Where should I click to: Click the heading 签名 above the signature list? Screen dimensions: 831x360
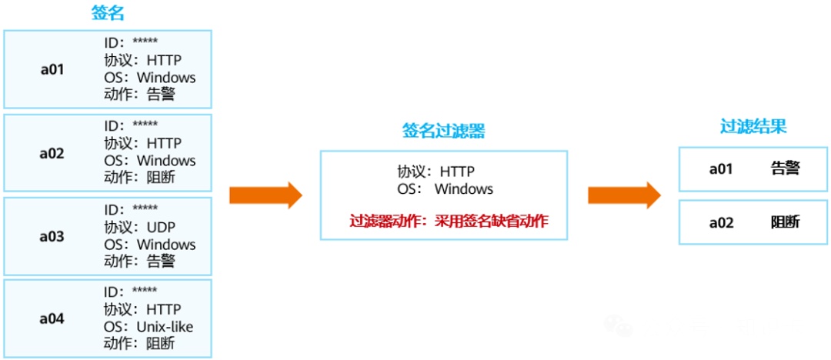107,13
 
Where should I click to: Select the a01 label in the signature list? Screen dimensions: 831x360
52,69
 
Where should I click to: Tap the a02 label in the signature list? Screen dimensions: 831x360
52,153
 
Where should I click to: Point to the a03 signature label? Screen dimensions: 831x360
52,237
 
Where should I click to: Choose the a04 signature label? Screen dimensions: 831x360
52,318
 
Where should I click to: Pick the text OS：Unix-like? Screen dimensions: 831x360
149,327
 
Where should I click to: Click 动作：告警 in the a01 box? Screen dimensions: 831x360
139,94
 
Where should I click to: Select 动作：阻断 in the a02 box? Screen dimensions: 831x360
139,178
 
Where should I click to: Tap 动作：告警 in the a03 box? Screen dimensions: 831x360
139,262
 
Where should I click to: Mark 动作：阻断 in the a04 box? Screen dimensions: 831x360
139,344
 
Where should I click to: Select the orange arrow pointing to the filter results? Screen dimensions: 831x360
624,195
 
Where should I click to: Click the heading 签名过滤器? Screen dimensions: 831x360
443,132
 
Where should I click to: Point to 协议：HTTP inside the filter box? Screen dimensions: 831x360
436,172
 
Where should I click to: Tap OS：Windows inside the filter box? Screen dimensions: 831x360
445,188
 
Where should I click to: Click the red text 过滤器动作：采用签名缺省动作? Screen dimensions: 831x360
449,222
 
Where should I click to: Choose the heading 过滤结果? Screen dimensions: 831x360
753,126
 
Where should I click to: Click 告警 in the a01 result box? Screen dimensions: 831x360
785,168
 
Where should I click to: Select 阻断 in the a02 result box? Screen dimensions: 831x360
785,222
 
